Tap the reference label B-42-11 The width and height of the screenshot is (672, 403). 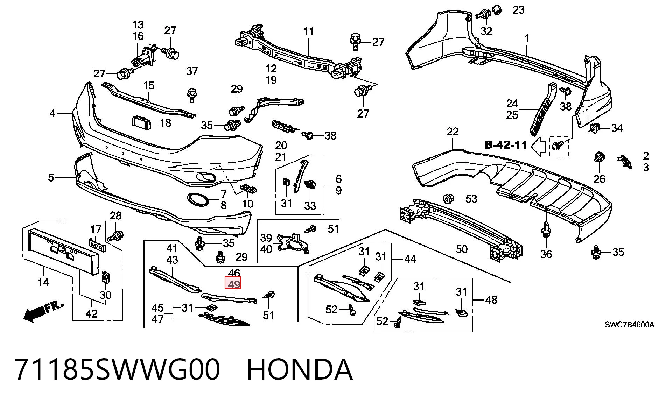[x=506, y=145]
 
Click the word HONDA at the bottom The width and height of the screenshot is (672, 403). [x=300, y=369]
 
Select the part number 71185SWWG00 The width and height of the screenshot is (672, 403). [x=118, y=369]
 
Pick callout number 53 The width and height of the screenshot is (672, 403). [x=471, y=199]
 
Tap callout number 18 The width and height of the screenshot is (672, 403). [x=165, y=123]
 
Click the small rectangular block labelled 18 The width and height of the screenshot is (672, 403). [x=141, y=122]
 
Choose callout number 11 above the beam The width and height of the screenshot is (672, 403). [x=308, y=32]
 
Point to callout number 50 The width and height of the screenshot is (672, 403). [x=462, y=249]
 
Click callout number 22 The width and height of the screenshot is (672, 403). [x=453, y=132]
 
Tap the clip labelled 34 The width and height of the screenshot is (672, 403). [x=595, y=129]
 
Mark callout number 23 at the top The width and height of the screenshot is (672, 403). [x=518, y=10]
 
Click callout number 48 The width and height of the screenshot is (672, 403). [x=491, y=300]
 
